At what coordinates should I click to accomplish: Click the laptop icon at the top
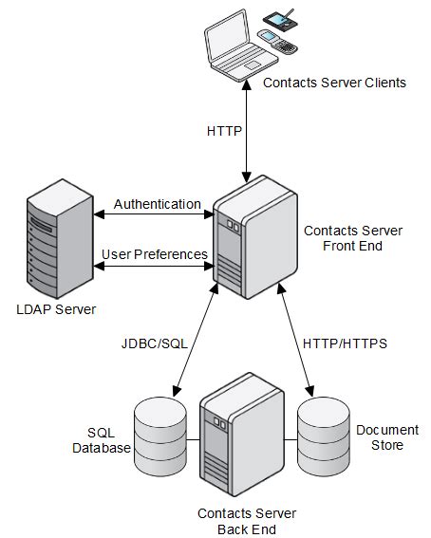tap(240, 46)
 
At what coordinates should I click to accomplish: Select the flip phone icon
tap(277, 42)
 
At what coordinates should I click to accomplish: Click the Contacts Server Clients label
tap(334, 83)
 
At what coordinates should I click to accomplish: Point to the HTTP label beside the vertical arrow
tap(224, 131)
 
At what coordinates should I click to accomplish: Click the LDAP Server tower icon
tap(60, 238)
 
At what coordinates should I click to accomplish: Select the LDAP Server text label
tap(56, 309)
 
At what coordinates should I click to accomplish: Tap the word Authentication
tap(158, 204)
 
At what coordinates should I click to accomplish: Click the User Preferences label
tap(155, 254)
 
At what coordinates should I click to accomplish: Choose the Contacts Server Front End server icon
tap(255, 237)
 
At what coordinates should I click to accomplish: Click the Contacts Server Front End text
tap(353, 238)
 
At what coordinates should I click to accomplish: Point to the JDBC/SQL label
tap(155, 343)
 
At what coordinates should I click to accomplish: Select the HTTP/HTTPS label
tap(345, 343)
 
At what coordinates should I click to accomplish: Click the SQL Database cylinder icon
tap(160, 436)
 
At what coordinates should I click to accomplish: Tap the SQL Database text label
tap(102, 440)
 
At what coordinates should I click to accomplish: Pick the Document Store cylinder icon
tap(324, 436)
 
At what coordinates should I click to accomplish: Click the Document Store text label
tap(387, 437)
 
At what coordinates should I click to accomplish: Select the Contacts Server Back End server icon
tap(242, 435)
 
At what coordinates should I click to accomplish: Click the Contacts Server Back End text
tap(247, 521)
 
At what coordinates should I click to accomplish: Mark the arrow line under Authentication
tap(154, 214)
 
